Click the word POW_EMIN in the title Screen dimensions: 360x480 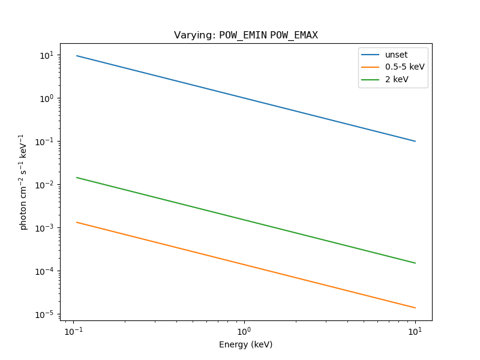pyautogui.click(x=243, y=35)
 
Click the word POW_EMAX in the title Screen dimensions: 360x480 pyautogui.click(x=294, y=35)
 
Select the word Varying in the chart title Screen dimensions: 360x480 pyautogui.click(x=193, y=35)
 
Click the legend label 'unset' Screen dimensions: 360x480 pyautogui.click(x=396, y=55)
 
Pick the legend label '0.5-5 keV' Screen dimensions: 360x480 pyautogui.click(x=404, y=67)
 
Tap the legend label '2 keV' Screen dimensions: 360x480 pyautogui.click(x=397, y=79)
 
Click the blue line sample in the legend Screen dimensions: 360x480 pyautogui.click(x=370, y=55)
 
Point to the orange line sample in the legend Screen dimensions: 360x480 pyautogui.click(x=370, y=67)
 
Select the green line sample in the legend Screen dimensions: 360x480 pyautogui.click(x=370, y=79)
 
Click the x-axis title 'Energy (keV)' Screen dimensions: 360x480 pyautogui.click(x=245, y=344)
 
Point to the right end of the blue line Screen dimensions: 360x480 pyautogui.click(x=415, y=141)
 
